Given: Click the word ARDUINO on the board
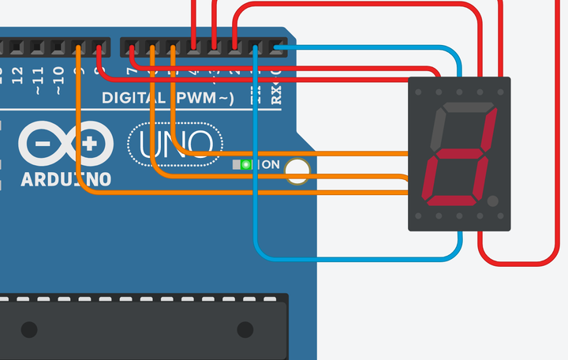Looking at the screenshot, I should [x=66, y=179].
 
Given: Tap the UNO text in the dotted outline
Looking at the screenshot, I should [x=174, y=144].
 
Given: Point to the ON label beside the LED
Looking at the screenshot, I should [x=270, y=165].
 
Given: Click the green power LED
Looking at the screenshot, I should [x=246, y=164].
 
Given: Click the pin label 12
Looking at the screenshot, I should [x=16, y=76].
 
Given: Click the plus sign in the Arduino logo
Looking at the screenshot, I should [x=91, y=144].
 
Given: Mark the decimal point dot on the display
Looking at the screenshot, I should [x=492, y=202].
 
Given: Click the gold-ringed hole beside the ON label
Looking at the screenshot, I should [x=297, y=171].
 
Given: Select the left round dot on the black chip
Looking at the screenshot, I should [x=28, y=329].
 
